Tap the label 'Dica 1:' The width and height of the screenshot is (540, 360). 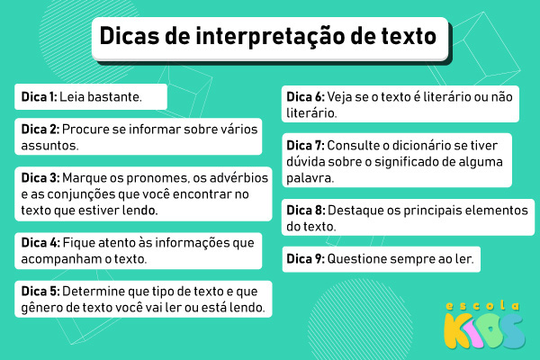(39, 95)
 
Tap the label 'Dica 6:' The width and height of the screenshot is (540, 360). (305, 97)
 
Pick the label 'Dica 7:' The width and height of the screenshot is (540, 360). (305, 145)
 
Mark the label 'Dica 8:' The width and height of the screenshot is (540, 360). (305, 210)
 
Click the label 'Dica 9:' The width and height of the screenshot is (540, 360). (305, 259)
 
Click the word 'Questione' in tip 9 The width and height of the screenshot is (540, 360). (359, 259)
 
